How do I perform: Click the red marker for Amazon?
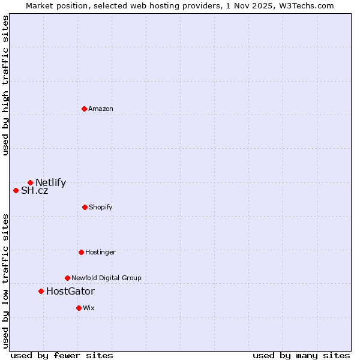click(85, 109)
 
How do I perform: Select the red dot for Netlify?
click(30, 182)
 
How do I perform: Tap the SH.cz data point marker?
click(16, 190)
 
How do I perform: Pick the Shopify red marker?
click(85, 207)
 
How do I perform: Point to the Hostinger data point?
click(81, 252)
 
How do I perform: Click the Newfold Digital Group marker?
click(67, 278)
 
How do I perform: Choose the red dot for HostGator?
click(41, 291)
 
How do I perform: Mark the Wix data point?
click(79, 308)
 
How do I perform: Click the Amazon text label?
click(101, 109)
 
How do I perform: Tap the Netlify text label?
click(50, 183)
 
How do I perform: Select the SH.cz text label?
click(34, 191)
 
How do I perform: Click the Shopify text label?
click(101, 207)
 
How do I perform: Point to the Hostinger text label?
click(100, 252)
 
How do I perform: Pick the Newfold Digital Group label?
click(106, 278)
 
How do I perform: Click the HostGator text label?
click(70, 292)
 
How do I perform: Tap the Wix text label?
click(89, 308)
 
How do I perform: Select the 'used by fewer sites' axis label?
click(62, 355)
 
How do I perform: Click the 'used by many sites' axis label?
click(301, 355)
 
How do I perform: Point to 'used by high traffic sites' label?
click(5, 85)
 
